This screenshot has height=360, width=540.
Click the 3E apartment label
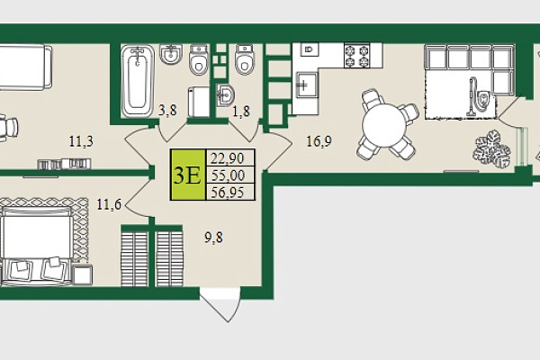[x=187, y=175]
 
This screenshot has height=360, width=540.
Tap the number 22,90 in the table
[x=228, y=158]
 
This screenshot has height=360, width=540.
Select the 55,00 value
[x=228, y=175]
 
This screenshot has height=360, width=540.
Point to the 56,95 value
[x=228, y=193]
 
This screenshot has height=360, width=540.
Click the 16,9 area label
[x=319, y=141]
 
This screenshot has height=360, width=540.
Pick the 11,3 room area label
[x=81, y=141]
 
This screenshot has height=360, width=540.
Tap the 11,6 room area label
[x=109, y=204]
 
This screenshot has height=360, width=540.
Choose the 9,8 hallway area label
[x=213, y=238]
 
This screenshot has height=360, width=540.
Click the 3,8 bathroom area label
[x=167, y=111]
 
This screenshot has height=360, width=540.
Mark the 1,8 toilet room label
[x=241, y=112]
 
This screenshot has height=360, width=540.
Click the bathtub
[x=138, y=81]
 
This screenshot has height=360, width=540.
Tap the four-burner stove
[x=356, y=56]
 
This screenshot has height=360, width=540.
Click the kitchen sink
[x=305, y=85]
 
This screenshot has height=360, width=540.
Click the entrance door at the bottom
[x=220, y=305]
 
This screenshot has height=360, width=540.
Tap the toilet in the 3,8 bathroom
[x=199, y=59]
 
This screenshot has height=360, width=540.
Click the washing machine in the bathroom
[x=199, y=102]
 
